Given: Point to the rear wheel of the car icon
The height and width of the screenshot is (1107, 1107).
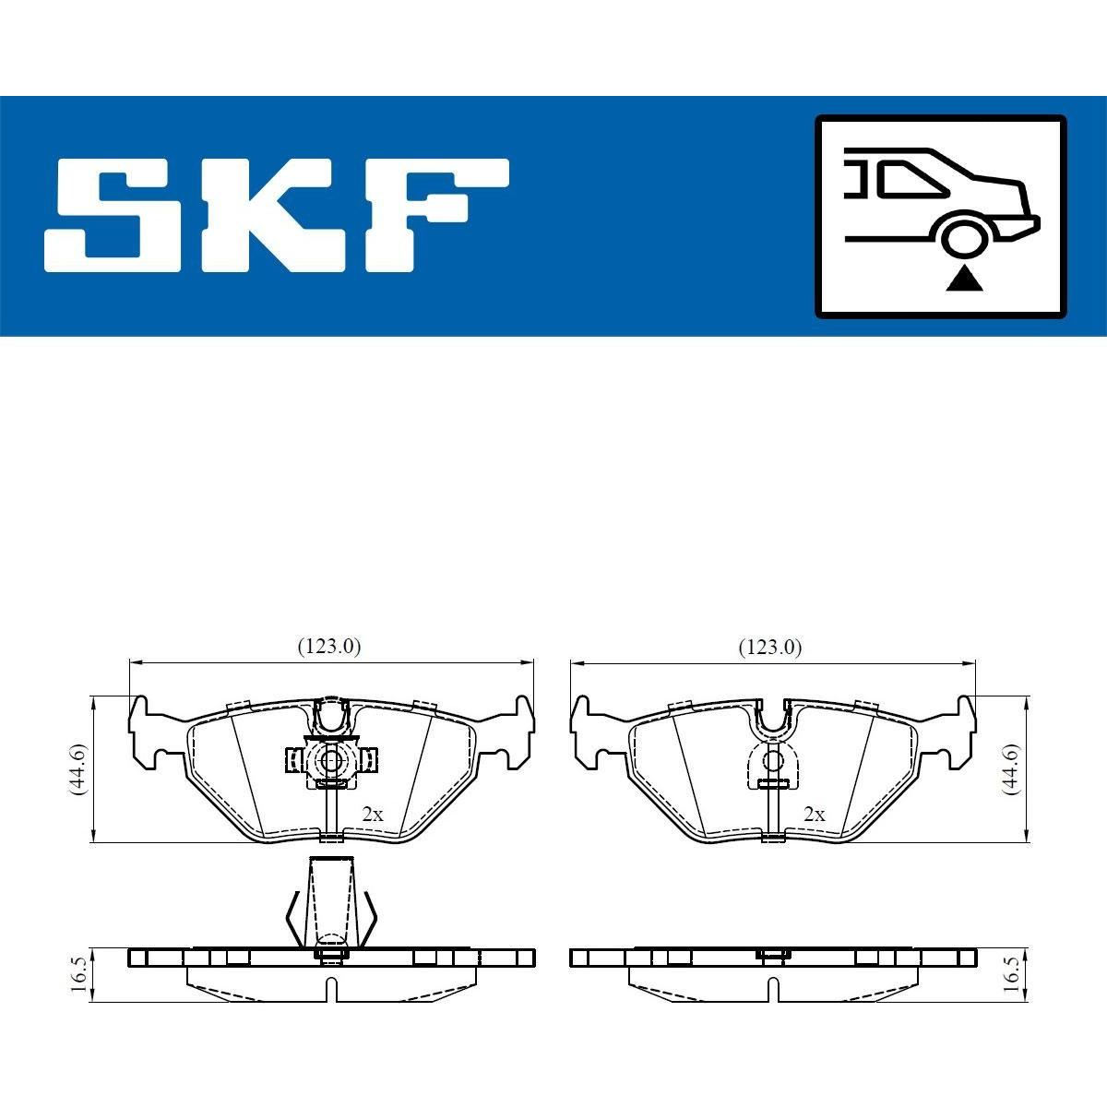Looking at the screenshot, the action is (965, 236).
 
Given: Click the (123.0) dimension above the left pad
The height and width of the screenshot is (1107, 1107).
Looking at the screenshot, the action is (329, 647).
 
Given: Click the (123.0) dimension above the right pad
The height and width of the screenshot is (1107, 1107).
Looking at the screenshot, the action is (770, 648).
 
